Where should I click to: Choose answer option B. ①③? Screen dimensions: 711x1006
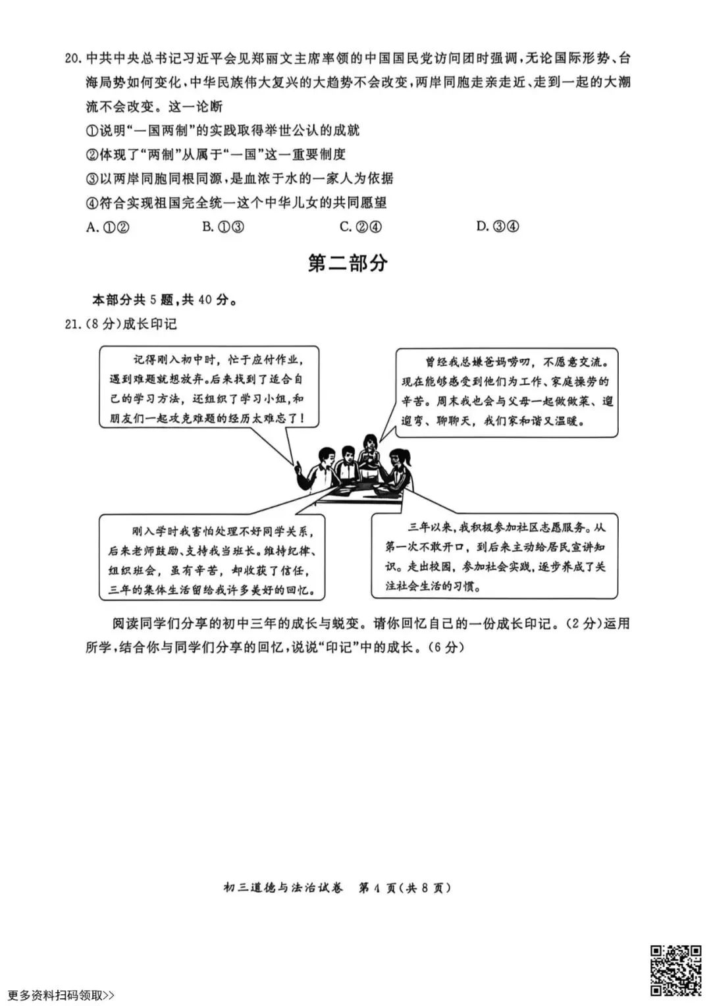(x=224, y=227)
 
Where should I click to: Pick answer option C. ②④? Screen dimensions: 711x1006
(x=361, y=227)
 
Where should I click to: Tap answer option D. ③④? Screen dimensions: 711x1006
(x=498, y=227)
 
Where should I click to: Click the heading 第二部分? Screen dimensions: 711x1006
(x=348, y=264)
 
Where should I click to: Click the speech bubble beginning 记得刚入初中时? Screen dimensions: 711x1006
(x=209, y=389)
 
